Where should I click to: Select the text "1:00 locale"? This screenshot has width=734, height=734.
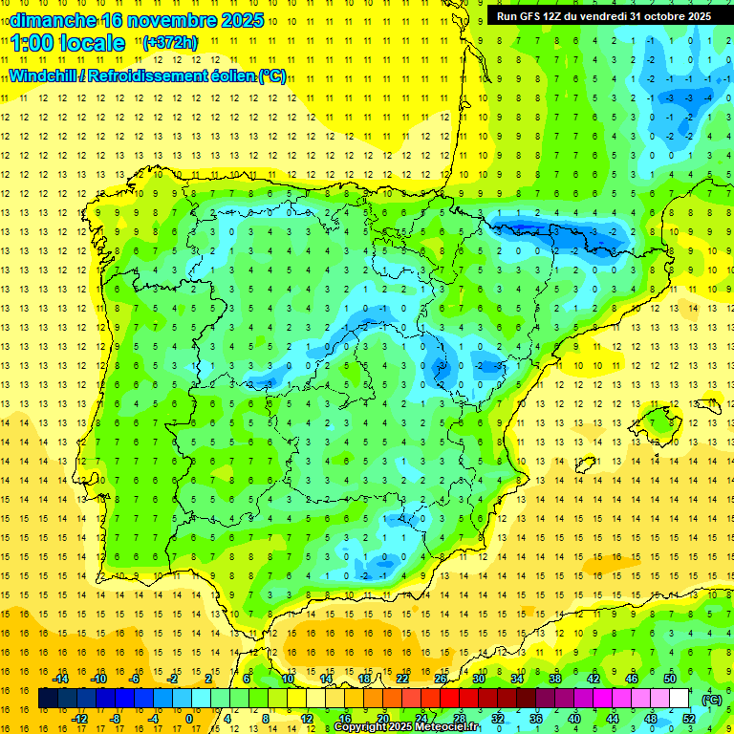coord(68,43)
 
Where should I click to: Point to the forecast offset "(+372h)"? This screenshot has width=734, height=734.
coord(169,43)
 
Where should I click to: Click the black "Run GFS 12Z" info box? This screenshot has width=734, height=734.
coord(603,16)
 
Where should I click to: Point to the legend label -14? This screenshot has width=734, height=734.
coord(60,679)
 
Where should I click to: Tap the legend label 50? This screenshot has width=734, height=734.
coord(670,679)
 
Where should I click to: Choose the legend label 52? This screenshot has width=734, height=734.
coord(689,719)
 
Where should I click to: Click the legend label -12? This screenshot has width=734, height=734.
coord(79,719)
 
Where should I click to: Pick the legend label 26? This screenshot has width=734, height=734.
coord(441,679)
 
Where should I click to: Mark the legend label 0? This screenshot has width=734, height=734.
coord(188,719)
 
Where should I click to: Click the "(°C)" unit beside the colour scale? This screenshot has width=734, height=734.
coord(712,699)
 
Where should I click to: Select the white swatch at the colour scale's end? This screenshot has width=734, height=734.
coord(680,699)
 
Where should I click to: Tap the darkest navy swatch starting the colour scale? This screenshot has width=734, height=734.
coord(48,699)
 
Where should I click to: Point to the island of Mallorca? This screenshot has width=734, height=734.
coord(660,419)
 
